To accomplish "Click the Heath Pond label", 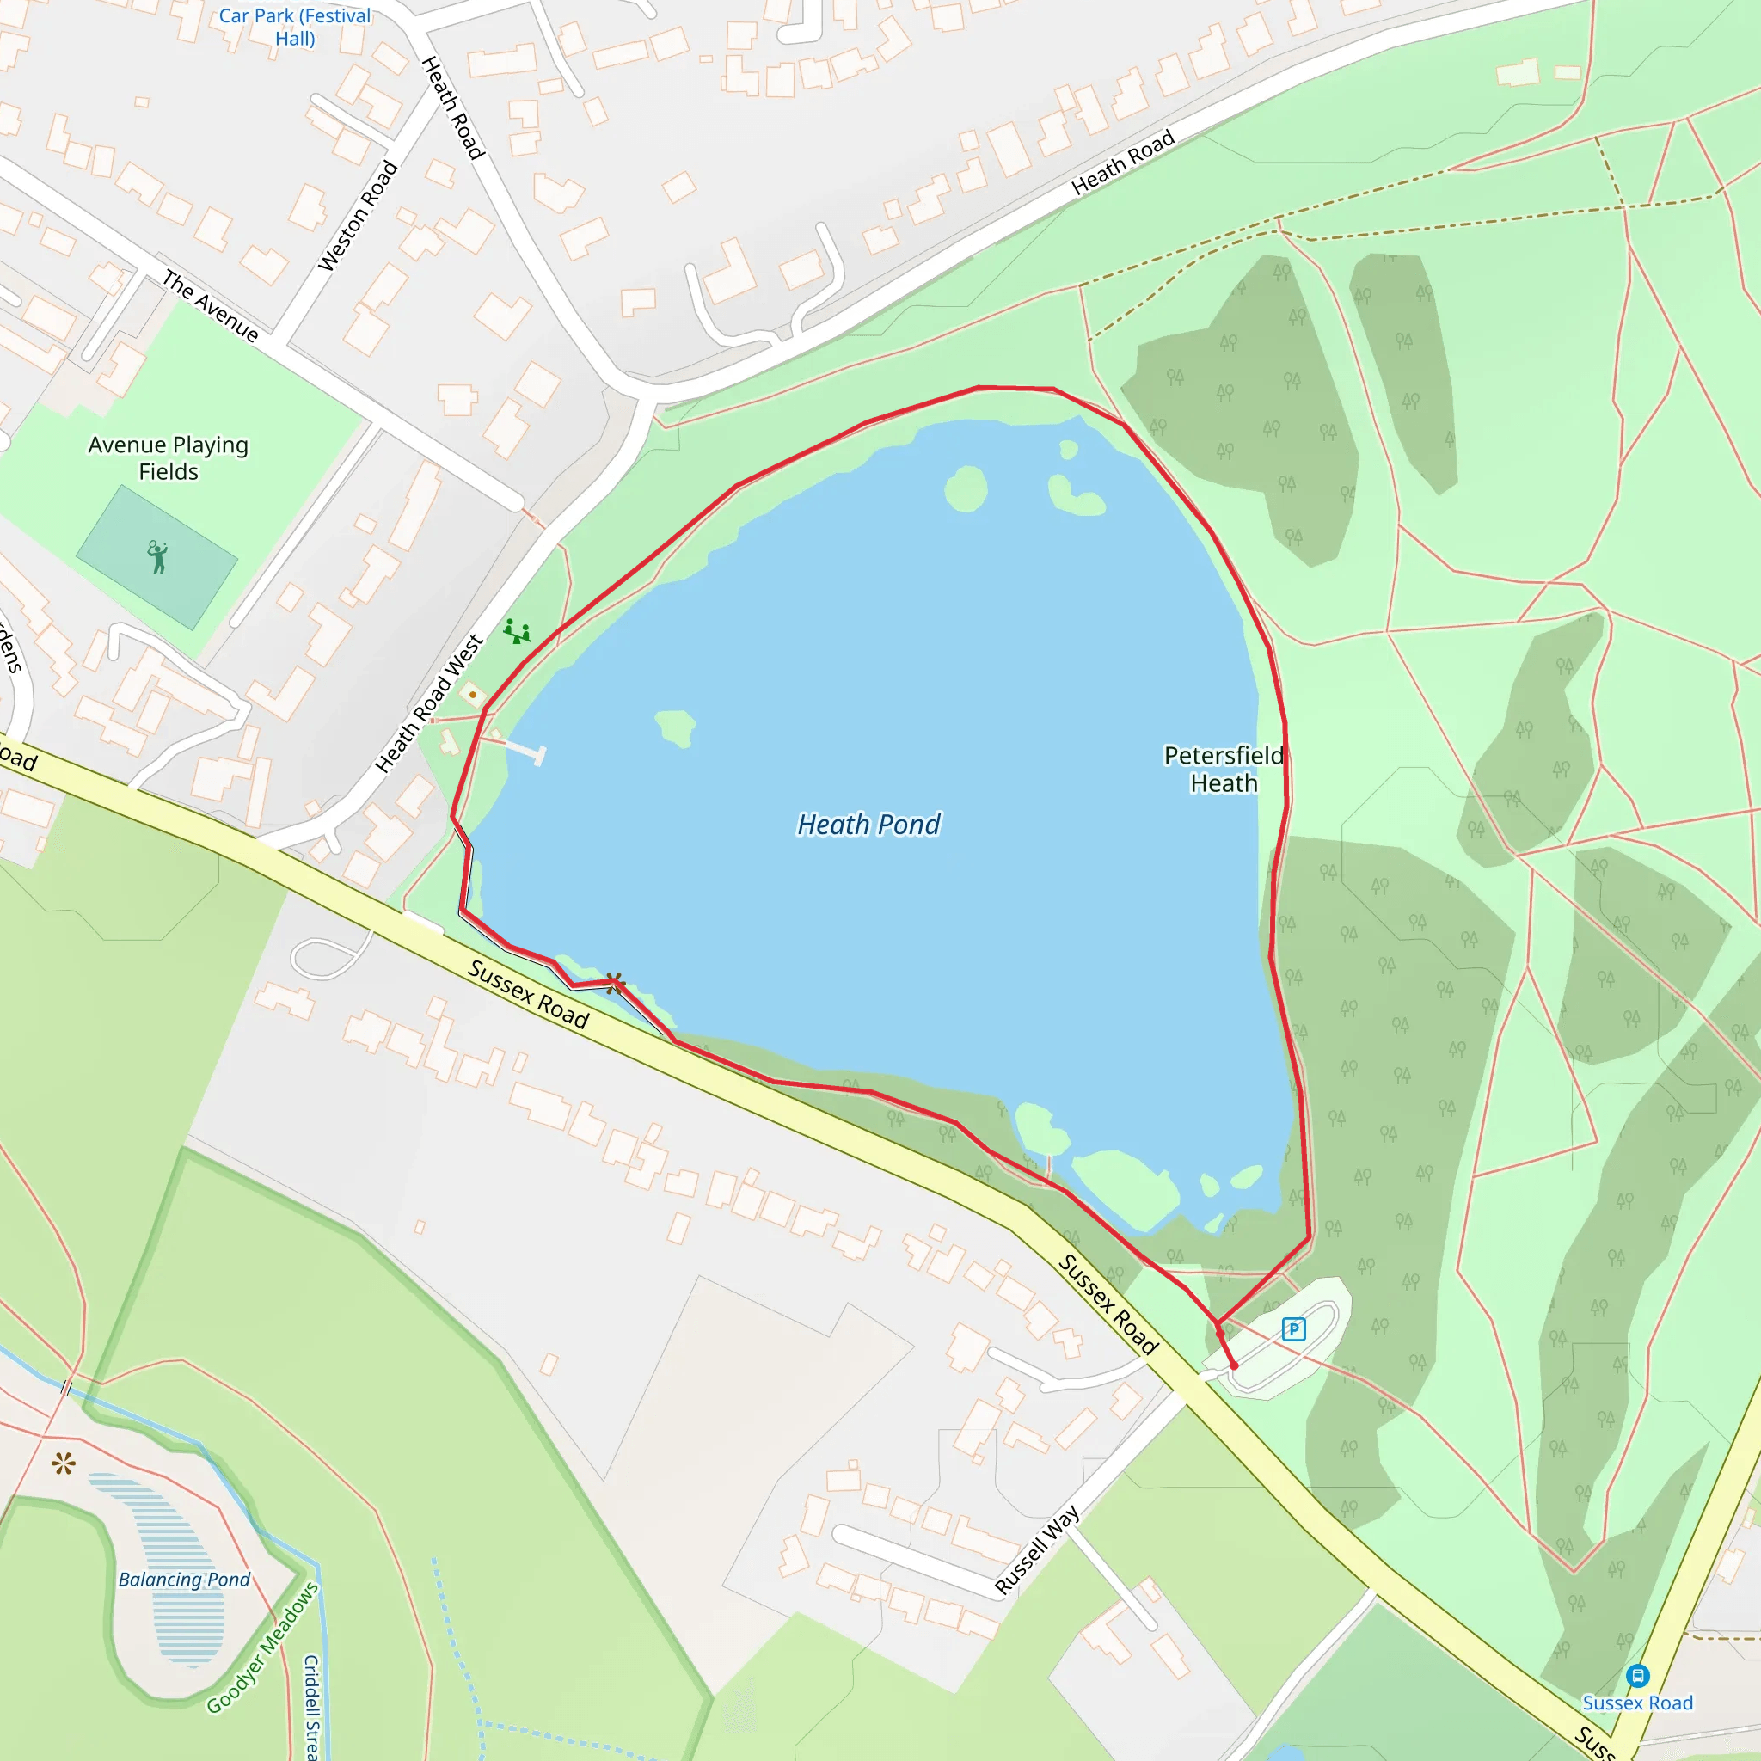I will tap(868, 824).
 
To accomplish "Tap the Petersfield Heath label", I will tap(1224, 770).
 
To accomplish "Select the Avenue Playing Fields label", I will tap(169, 457).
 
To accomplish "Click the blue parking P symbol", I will tap(1293, 1329).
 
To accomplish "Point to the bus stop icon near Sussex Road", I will tap(1637, 1675).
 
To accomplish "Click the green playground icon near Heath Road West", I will tap(517, 631).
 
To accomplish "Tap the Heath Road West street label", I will tap(430, 703).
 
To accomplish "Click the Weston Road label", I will tap(359, 216).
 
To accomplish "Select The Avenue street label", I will tap(211, 305).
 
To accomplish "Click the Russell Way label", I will tap(1036, 1549).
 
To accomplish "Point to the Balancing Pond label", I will tap(184, 1580).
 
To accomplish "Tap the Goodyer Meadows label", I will tap(262, 1648).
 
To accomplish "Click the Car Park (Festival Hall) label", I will tap(294, 28).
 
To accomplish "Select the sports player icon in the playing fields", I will tap(157, 557).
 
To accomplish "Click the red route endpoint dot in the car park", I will tap(1234, 1366).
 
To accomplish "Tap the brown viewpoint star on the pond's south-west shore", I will tap(614, 983).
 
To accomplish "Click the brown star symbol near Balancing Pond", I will tap(63, 1464).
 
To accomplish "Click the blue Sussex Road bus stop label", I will tap(1637, 1703).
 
